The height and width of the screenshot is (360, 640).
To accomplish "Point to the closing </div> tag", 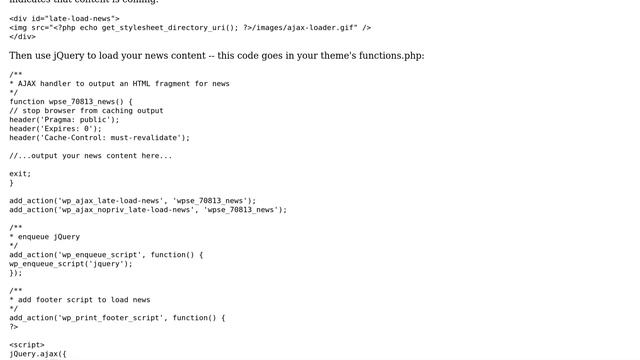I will [23, 37].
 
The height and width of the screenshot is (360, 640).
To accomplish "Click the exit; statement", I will [21, 174].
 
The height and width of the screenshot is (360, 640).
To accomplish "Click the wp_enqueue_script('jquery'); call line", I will [71, 264].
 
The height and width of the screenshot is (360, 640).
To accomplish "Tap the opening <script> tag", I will [27, 345].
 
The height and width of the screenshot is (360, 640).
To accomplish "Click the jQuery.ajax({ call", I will [38, 354].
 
